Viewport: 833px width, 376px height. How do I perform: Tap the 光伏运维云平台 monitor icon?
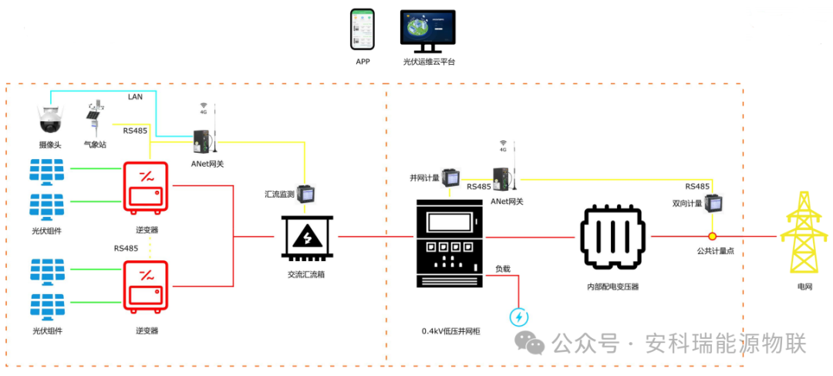tap(428, 30)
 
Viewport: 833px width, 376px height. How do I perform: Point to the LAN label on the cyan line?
tap(135, 96)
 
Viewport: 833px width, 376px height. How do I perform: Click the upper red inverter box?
tap(147, 187)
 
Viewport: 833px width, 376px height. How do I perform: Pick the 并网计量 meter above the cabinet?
tap(452, 179)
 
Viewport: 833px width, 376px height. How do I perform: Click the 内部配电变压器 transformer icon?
tap(614, 237)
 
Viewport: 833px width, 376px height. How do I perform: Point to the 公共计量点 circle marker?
tap(713, 236)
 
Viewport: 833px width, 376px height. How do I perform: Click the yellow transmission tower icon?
tap(803, 235)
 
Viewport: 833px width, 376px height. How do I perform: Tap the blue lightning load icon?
tap(519, 317)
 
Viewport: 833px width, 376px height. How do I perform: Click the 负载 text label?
tap(503, 269)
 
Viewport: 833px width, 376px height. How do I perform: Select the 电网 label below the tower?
tap(804, 286)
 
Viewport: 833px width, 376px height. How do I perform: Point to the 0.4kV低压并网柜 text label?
tap(451, 330)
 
